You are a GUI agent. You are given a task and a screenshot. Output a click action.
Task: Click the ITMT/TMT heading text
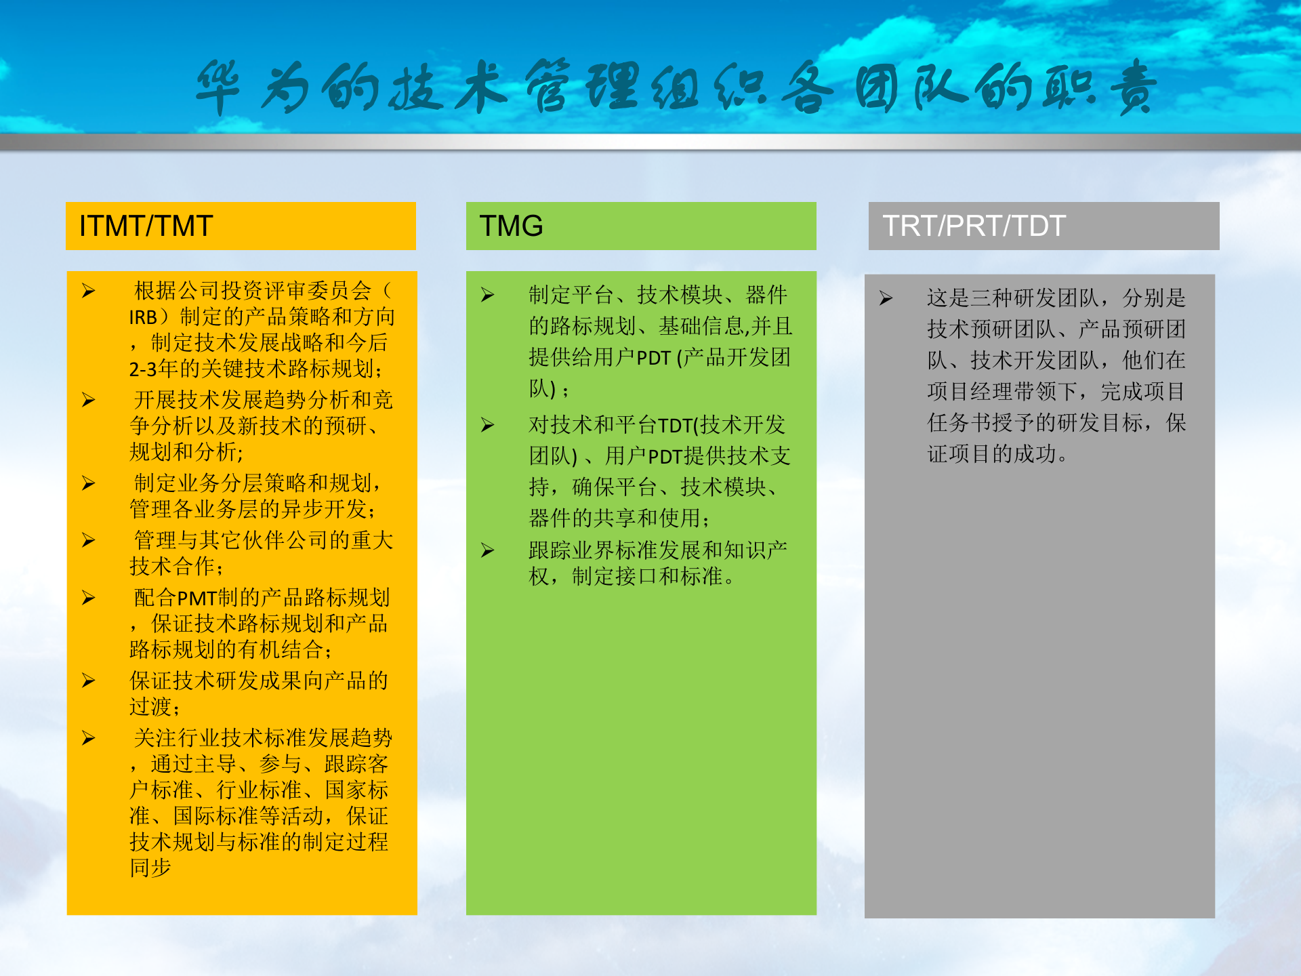146,226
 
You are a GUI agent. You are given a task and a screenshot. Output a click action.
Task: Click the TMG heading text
511,226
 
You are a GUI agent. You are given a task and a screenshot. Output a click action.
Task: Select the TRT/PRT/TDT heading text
974,226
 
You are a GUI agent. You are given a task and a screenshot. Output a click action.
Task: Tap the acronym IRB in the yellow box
143,317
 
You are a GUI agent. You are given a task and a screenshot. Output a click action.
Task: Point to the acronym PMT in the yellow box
197,598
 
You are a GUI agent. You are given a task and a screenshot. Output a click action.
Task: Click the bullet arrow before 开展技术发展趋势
89,401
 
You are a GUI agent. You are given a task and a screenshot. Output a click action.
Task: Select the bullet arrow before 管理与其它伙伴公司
89,541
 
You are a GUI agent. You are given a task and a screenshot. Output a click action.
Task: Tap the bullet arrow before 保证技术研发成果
89,681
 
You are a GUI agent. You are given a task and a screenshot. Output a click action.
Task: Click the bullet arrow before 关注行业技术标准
89,739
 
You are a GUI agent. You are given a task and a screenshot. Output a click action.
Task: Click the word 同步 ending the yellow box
150,868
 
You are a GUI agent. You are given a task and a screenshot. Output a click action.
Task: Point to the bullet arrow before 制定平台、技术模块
488,296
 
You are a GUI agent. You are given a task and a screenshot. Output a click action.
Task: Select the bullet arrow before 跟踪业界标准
488,551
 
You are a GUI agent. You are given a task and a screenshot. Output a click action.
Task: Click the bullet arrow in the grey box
886,299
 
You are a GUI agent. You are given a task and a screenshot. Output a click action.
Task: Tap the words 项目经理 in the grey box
970,392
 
